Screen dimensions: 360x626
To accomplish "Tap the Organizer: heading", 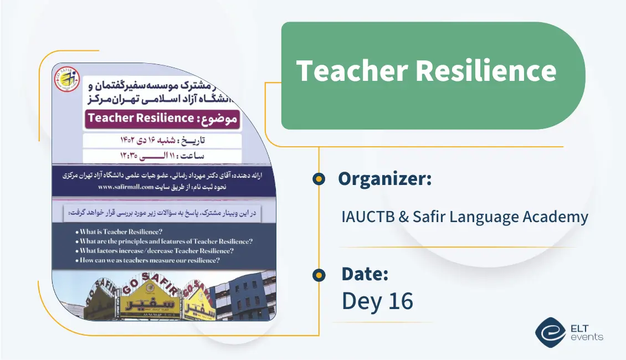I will point(384,178).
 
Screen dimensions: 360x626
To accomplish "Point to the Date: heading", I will point(365,274).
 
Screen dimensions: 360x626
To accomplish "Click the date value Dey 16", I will point(377,300).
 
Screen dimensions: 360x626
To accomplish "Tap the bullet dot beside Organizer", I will point(319,179).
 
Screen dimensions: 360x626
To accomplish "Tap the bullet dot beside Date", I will point(319,275).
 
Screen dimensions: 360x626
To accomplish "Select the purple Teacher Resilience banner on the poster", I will point(162,118).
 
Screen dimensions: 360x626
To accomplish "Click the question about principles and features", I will point(166,241).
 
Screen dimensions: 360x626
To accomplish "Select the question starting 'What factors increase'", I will point(156,250).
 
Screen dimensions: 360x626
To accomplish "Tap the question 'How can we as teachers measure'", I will point(149,260).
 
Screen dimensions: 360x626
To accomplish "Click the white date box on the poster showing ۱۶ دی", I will point(162,140).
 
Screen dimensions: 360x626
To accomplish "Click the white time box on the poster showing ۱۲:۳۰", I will point(162,156).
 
